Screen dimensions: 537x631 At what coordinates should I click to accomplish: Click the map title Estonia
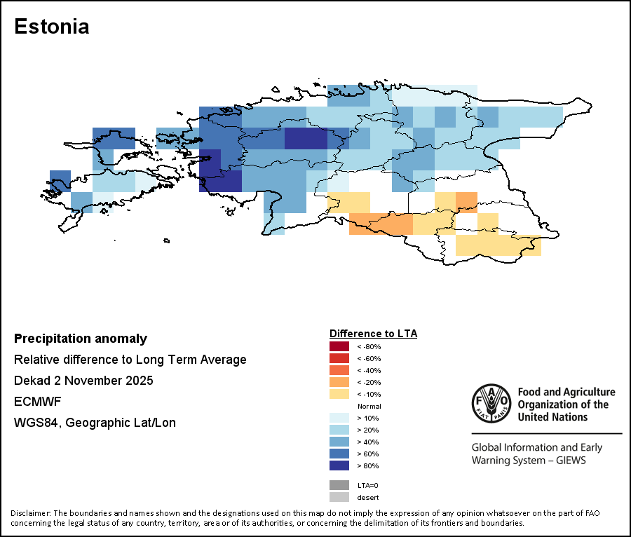click(52, 27)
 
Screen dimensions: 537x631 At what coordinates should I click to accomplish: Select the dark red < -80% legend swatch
click(339, 346)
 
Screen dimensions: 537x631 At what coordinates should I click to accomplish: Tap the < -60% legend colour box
click(339, 358)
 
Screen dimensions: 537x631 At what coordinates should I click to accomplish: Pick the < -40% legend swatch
click(339, 370)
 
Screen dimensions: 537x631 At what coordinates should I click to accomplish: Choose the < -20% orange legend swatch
click(339, 382)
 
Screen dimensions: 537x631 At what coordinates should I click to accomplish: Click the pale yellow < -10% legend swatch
click(339, 394)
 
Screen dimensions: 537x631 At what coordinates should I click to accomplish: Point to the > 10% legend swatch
click(339, 418)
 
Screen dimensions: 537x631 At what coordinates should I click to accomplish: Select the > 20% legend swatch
click(339, 430)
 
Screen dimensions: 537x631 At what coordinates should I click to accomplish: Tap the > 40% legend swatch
click(339, 442)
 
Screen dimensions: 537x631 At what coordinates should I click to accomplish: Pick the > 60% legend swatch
click(339, 454)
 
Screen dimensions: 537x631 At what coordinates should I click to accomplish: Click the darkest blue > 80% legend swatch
click(339, 465)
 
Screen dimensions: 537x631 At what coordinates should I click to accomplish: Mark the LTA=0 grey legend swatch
click(339, 485)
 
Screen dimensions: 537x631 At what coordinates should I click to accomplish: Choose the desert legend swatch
click(339, 497)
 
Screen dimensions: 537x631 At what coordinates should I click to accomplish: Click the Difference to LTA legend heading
click(373, 333)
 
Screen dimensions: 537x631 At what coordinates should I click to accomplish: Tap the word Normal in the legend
click(369, 406)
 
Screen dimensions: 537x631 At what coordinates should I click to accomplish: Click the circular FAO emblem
click(490, 403)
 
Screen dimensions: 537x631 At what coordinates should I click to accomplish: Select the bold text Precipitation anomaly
click(81, 339)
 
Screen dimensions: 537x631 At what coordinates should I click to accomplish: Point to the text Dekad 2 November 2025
click(83, 381)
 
